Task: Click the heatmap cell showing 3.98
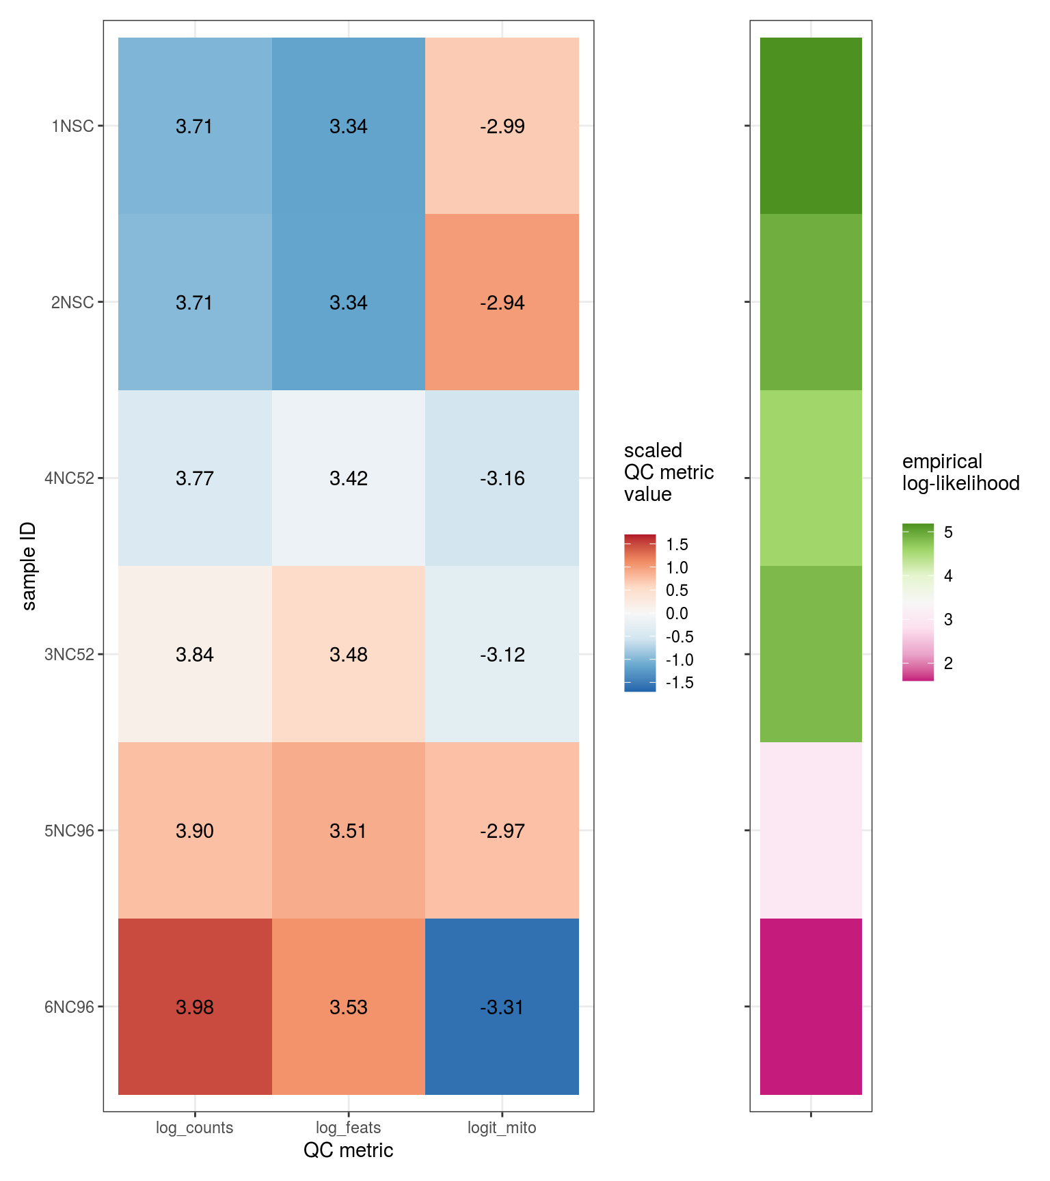(x=195, y=1006)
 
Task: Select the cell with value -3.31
(x=502, y=1006)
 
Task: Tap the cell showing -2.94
(x=502, y=302)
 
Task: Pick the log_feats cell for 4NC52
(x=349, y=478)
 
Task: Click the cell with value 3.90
(x=195, y=830)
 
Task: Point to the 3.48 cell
(x=349, y=654)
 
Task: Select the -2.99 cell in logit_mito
(x=502, y=126)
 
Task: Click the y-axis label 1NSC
(x=72, y=126)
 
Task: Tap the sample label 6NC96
(x=69, y=1007)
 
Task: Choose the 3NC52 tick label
(x=69, y=655)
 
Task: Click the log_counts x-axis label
(x=195, y=1128)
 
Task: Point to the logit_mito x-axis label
(x=502, y=1128)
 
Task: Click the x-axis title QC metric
(x=349, y=1150)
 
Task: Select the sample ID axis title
(x=29, y=566)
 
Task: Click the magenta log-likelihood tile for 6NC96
(x=811, y=1006)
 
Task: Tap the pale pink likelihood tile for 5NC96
(x=811, y=830)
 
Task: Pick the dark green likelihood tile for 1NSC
(x=811, y=126)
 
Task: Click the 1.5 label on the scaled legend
(x=677, y=545)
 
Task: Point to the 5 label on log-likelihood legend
(x=948, y=532)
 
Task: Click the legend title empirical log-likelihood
(x=960, y=472)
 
